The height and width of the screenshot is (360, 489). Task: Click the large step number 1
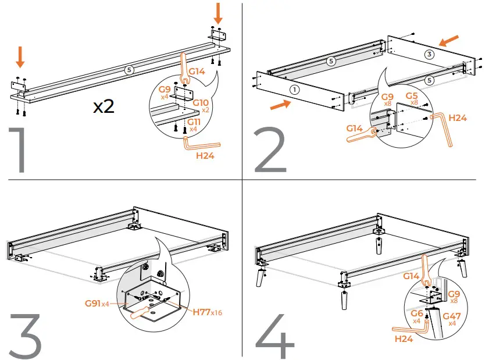click(x=20, y=150)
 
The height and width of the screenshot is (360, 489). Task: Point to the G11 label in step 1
click(x=194, y=122)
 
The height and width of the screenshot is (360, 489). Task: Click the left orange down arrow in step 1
click(x=20, y=57)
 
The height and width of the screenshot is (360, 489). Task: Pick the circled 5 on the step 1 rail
click(x=129, y=70)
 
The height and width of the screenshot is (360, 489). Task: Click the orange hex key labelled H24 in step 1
click(x=200, y=145)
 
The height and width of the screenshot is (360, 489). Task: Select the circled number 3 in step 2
click(x=429, y=55)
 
